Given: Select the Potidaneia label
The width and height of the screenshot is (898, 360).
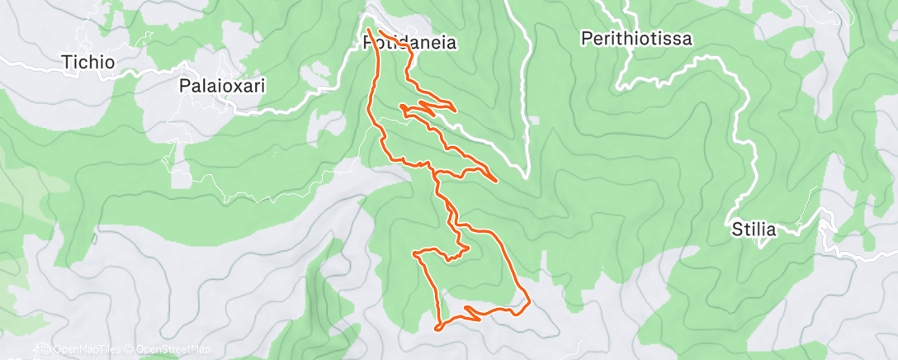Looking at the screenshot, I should pyautogui.click(x=409, y=44).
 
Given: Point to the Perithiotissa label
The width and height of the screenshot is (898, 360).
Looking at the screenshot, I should pyautogui.click(x=636, y=38).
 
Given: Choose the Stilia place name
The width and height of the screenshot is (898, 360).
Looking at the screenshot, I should pyautogui.click(x=754, y=230).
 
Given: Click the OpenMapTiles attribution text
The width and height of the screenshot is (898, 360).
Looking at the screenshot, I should pyautogui.click(x=83, y=350).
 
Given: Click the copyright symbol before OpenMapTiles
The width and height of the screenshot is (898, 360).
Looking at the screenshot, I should pyautogui.click(x=46, y=350).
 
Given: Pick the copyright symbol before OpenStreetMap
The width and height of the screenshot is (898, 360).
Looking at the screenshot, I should pyautogui.click(x=130, y=350).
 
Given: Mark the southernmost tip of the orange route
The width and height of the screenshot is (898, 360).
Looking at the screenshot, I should pyautogui.click(x=438, y=329).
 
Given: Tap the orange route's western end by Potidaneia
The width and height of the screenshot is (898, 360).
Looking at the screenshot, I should pyautogui.click(x=367, y=30).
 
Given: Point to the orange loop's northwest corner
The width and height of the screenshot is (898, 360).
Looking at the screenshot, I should pyautogui.click(x=415, y=253).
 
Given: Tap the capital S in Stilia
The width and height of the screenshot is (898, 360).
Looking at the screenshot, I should pyautogui.click(x=736, y=230).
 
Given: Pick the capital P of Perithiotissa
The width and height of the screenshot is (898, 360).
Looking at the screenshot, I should pyautogui.click(x=585, y=38).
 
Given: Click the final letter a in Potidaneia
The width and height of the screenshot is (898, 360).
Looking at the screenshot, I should pyautogui.click(x=451, y=44).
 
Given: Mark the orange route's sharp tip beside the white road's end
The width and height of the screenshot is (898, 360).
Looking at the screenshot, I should pyautogui.click(x=494, y=179).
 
